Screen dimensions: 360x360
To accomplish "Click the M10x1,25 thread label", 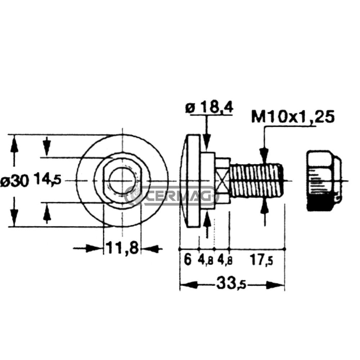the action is tap(293, 117).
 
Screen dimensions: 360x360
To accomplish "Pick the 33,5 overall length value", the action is tap(231, 285).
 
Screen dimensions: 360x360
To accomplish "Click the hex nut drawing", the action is tap(324, 180).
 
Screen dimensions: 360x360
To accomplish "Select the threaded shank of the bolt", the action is tap(256, 180).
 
